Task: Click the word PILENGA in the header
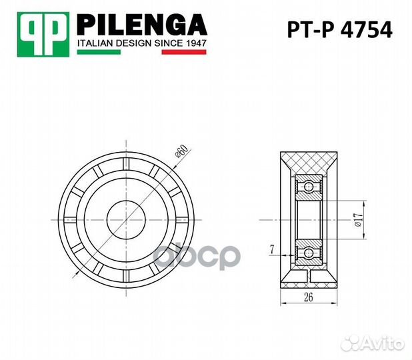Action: [142, 25]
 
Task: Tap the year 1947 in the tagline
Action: [193, 43]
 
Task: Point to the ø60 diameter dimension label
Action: [180, 153]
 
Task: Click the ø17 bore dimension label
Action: [358, 220]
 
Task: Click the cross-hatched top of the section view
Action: [309, 162]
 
